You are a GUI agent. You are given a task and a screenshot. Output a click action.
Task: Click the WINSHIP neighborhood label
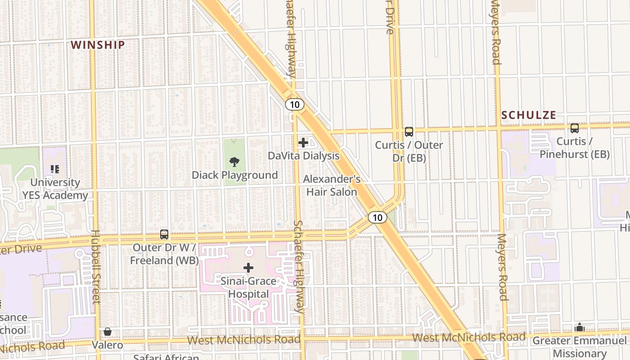pyautogui.click(x=98, y=45)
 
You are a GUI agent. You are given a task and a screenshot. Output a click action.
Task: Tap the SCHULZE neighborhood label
pyautogui.click(x=529, y=115)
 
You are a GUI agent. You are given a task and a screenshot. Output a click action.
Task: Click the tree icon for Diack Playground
pyautogui.click(x=234, y=162)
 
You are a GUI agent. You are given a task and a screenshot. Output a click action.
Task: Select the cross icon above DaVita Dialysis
pyautogui.click(x=303, y=143)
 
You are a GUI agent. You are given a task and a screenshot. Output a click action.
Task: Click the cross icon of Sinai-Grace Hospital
pyautogui.click(x=248, y=268)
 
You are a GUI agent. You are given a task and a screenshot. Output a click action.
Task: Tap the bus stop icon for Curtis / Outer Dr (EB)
pyautogui.click(x=409, y=132)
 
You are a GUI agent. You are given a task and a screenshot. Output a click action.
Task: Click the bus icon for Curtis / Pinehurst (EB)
pyautogui.click(x=574, y=128)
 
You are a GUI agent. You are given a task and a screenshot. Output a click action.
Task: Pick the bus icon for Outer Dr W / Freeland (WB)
pyautogui.click(x=164, y=234)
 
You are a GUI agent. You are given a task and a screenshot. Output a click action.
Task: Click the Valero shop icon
pyautogui.click(x=107, y=332)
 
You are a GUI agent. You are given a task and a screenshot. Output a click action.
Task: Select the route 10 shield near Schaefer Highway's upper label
pyautogui.click(x=294, y=105)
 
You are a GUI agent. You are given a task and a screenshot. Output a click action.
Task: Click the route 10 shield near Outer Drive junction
pyautogui.click(x=378, y=218)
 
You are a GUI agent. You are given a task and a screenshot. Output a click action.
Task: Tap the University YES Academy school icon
pyautogui.click(x=55, y=169)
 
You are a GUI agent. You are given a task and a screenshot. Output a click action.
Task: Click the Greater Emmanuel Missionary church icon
pyautogui.click(x=580, y=327)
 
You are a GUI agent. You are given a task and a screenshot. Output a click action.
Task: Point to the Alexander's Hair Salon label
pyautogui.click(x=332, y=185)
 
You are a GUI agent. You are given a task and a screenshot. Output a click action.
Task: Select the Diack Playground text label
pyautogui.click(x=235, y=175)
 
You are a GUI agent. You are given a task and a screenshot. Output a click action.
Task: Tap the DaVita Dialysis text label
pyautogui.click(x=303, y=156)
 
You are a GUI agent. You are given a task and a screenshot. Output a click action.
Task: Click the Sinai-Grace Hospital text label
pyautogui.click(x=248, y=288)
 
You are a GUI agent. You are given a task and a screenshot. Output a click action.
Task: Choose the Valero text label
pyautogui.click(x=108, y=345)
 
